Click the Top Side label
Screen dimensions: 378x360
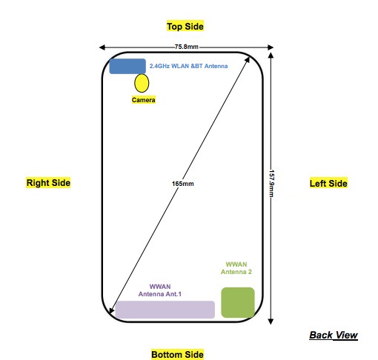pos(185,26)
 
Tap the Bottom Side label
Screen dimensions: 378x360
pos(177,354)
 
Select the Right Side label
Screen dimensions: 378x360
pos(48,183)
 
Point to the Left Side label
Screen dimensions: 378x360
pos(328,183)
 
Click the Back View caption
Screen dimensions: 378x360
pos(334,335)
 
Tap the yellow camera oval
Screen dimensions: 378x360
pos(142,83)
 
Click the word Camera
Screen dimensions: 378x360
pos(143,100)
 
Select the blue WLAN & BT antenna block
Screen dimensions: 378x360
pos(127,66)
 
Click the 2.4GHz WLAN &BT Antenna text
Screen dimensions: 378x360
pos(188,66)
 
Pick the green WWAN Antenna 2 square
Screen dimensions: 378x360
pos(238,302)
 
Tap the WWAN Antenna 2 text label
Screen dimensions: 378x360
pos(236,268)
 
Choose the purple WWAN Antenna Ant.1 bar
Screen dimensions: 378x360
pos(165,310)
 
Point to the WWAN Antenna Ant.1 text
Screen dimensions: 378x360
pos(160,290)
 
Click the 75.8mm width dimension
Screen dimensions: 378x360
pos(187,47)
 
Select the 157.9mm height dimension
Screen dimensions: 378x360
pos(271,183)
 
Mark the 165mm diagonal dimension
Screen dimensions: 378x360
pos(183,184)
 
